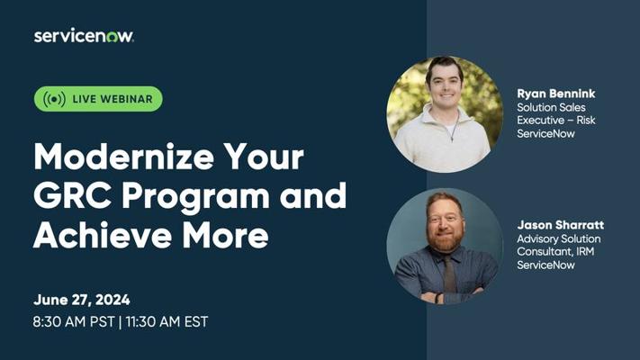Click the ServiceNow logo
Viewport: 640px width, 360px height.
tap(84, 36)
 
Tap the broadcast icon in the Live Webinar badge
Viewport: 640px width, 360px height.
tap(54, 99)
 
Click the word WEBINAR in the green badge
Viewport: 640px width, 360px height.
tap(127, 99)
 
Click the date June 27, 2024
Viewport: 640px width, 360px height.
tap(82, 300)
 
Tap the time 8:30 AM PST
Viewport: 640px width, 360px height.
tap(74, 321)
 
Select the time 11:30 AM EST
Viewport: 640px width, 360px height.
tap(167, 321)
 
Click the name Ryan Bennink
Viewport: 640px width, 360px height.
tap(556, 94)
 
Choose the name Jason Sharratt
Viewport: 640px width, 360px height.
tap(561, 225)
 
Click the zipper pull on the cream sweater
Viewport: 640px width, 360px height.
tap(452, 138)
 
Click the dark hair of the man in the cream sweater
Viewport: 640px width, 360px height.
tap(445, 67)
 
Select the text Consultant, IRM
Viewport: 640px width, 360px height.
tap(555, 252)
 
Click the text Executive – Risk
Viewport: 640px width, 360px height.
tap(556, 120)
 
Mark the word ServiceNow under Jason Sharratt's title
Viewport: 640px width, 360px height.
tap(545, 265)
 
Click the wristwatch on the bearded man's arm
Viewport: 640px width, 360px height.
tap(437, 298)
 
